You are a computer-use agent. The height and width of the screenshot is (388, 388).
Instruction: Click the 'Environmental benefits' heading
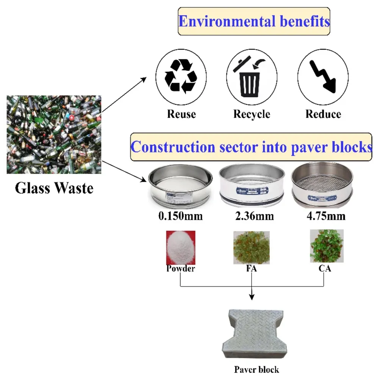pyautogui.click(x=254, y=21)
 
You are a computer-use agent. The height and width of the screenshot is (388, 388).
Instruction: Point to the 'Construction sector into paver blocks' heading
pyautogui.click(x=251, y=147)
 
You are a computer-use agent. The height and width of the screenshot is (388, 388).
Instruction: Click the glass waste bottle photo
pyautogui.click(x=54, y=135)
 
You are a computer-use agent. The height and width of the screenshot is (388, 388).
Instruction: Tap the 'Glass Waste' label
pyautogui.click(x=54, y=188)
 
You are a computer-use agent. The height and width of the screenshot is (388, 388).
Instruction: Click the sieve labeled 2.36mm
pyautogui.click(x=252, y=185)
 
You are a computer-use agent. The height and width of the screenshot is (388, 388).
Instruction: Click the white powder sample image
pyautogui.click(x=181, y=247)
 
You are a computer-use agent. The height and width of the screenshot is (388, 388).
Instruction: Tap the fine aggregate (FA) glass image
pyautogui.click(x=252, y=247)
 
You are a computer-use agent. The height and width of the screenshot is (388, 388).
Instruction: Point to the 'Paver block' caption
pyautogui.click(x=256, y=369)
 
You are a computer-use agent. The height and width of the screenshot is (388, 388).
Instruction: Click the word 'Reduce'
pyautogui.click(x=323, y=114)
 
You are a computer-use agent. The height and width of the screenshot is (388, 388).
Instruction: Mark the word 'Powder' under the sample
pyautogui.click(x=180, y=269)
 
